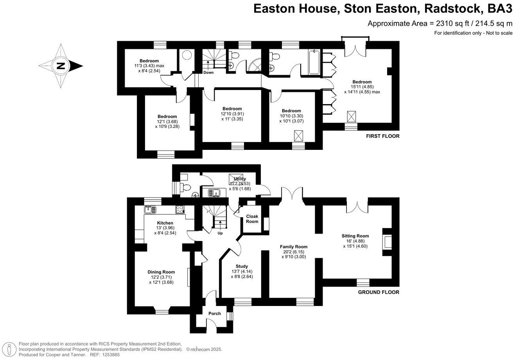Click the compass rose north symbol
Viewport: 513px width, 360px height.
(60, 66)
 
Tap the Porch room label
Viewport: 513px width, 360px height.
(215, 313)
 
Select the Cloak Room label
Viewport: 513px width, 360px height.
(252, 219)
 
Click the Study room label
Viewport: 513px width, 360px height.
(242, 266)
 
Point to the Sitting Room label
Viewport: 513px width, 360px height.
(355, 236)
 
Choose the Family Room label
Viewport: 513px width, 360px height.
(294, 247)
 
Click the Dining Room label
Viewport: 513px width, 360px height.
(161, 272)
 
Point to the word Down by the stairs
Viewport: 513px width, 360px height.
(208, 72)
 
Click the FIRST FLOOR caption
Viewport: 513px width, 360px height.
(382, 136)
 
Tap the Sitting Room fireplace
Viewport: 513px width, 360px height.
(387, 242)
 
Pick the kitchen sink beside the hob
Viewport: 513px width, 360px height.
(150, 209)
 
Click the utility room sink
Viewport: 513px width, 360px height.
(213, 193)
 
